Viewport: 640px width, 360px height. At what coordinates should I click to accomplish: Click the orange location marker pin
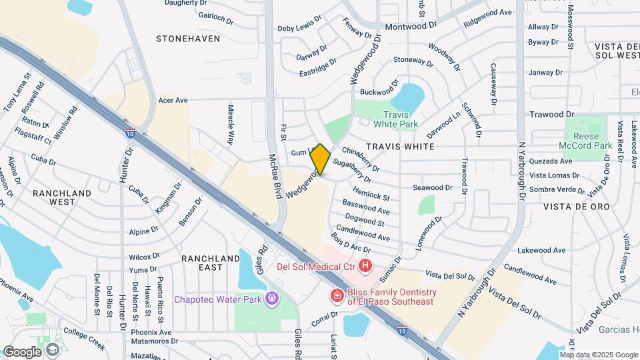[320, 159]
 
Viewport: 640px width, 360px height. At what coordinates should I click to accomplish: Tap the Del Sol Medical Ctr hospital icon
[365, 267]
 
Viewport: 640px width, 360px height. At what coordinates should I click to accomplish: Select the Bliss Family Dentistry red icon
[337, 295]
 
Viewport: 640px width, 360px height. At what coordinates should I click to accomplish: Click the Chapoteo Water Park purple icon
[271, 298]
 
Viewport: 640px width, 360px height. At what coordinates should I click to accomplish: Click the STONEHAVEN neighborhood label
[188, 39]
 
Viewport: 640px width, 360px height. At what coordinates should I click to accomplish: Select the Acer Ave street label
[173, 100]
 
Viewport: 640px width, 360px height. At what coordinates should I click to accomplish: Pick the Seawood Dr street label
[432, 188]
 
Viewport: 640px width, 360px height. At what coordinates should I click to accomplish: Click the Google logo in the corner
[22, 351]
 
